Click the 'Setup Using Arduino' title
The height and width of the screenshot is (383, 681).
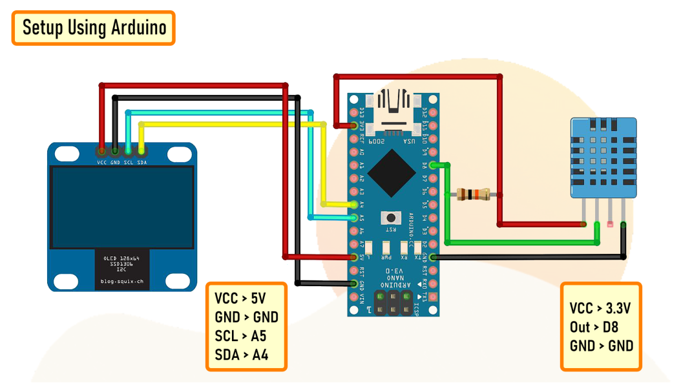94,28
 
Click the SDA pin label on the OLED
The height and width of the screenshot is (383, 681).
142,162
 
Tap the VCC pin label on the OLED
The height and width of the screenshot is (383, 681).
101,162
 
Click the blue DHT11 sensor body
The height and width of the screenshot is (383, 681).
603,158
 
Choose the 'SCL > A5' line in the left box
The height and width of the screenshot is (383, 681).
240,336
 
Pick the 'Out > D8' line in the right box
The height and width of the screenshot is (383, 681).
594,327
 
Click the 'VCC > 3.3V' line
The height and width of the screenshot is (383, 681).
600,308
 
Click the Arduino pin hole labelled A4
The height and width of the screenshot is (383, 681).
353,205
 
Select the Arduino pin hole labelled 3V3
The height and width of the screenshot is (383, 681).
353,126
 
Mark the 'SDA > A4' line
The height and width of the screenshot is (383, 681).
240,355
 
